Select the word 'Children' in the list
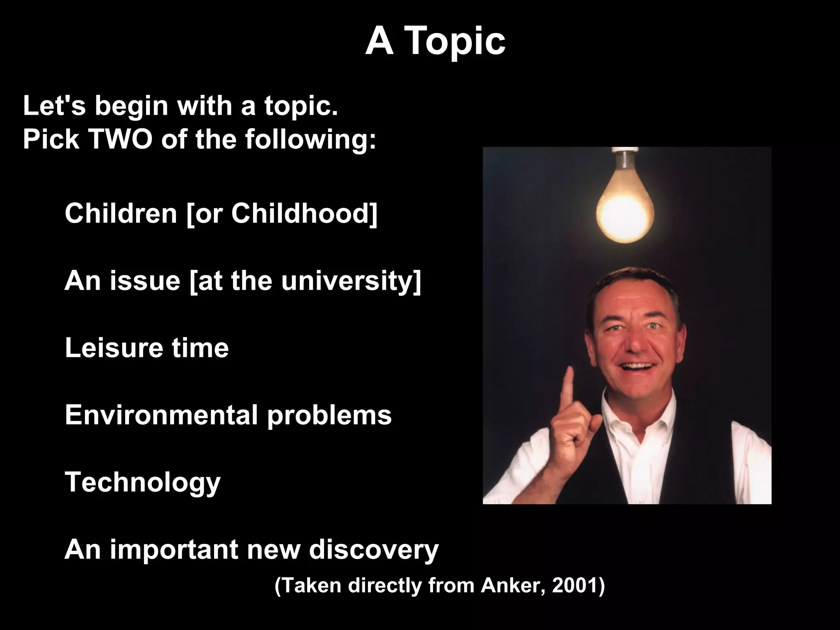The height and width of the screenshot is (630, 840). (x=121, y=213)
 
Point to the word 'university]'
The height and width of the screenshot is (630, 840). (x=351, y=281)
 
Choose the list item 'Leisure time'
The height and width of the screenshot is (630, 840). (x=146, y=348)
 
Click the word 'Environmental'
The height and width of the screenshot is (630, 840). (x=161, y=415)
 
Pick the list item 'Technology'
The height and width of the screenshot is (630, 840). (x=142, y=482)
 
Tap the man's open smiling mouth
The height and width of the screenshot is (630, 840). (x=637, y=366)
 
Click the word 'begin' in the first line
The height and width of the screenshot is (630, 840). (x=132, y=106)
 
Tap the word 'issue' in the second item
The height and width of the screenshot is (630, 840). (x=145, y=281)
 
